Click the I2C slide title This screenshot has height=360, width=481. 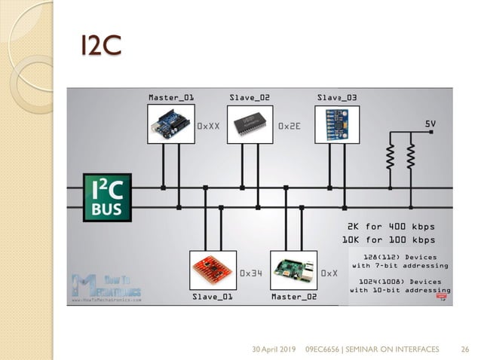100,44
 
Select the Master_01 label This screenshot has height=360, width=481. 170,97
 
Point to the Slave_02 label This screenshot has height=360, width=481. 250,97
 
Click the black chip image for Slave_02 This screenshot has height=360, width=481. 250,123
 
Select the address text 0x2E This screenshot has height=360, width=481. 290,127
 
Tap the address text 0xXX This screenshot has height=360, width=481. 208,127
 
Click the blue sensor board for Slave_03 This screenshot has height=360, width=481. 337,123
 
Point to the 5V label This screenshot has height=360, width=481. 430,123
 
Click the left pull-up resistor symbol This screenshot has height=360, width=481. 391,156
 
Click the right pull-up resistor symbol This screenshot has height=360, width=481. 412,156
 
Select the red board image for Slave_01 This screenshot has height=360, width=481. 213,270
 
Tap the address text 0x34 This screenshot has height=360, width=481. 250,273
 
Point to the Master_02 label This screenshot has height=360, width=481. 294,297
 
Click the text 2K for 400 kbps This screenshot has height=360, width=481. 391,227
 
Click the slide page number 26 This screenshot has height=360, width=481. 464,349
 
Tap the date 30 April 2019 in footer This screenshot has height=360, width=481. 274,349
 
